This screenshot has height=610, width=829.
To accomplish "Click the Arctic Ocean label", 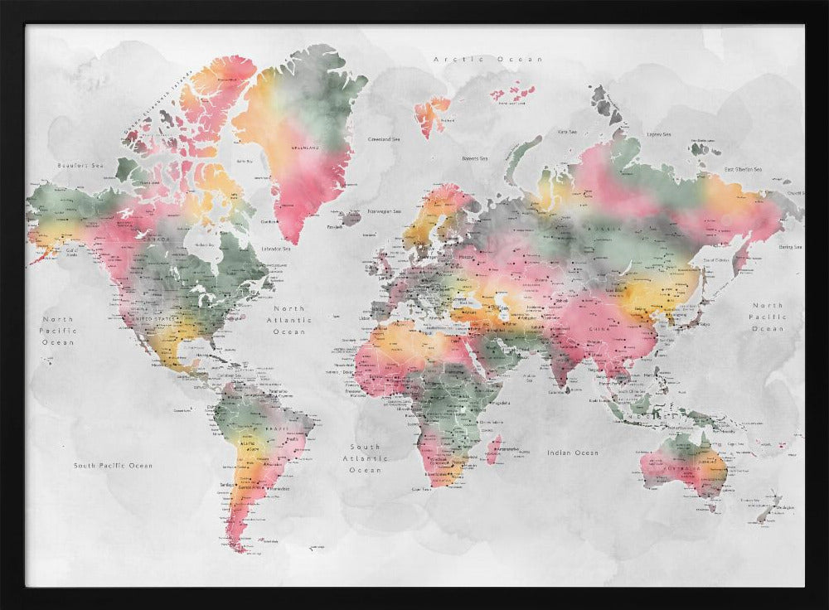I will point(488,60).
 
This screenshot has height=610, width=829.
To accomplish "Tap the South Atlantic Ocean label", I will point(365,458).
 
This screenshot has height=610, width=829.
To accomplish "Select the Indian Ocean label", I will point(572,453).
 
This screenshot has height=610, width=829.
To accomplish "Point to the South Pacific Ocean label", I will point(113,466).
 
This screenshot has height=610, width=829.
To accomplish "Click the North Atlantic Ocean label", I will point(289,320).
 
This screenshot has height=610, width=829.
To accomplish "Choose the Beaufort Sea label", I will point(80,166).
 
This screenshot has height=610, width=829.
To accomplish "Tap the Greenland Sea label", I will point(384,139).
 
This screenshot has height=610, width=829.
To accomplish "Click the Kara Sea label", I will point(567,132).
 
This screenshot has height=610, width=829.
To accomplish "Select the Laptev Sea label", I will point(659,134).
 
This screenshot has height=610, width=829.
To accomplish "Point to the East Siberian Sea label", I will point(743,169).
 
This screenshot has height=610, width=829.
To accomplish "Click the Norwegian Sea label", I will point(385,211).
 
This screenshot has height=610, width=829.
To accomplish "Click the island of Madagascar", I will point(493,451).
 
